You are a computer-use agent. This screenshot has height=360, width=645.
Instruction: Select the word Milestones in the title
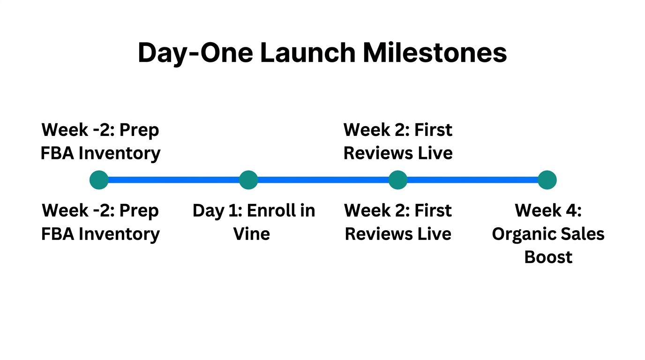pos(435,53)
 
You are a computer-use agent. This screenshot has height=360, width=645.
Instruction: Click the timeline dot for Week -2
pos(99,180)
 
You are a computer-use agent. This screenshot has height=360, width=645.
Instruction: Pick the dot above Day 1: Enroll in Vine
pos(248,180)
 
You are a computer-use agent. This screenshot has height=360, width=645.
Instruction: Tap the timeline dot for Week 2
pos(398,180)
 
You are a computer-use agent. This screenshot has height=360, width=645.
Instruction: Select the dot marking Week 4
pos(547,180)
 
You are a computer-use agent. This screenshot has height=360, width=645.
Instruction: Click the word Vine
pos(252,234)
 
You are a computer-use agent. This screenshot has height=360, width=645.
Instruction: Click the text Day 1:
pos(217,211)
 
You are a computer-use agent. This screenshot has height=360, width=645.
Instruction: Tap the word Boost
pos(548,257)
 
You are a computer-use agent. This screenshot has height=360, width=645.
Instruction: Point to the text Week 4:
pos(548,211)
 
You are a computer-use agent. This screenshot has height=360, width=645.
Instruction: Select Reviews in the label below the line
pos(375,234)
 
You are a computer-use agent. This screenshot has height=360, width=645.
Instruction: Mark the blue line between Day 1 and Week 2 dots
pos(323,180)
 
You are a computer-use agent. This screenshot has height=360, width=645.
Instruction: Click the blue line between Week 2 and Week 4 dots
pos(472,180)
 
